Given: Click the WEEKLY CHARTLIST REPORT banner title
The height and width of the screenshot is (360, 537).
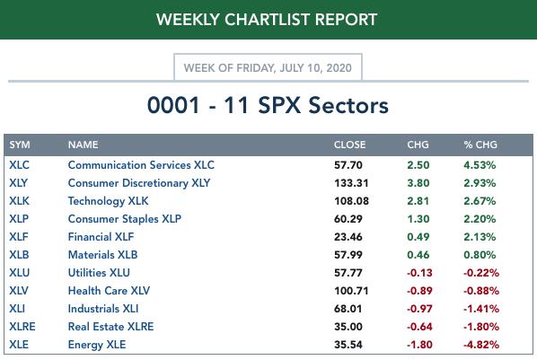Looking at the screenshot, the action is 267,19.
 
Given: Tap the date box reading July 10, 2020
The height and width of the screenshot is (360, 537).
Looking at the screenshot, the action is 268,67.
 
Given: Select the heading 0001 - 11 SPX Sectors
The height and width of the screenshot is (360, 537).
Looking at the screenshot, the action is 268,105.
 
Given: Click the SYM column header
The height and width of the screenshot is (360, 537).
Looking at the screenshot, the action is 20,145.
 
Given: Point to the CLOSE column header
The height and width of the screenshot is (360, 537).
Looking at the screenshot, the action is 349,145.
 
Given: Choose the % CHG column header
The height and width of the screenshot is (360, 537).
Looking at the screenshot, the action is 480,145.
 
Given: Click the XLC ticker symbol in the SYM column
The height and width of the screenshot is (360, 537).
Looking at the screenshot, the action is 19,165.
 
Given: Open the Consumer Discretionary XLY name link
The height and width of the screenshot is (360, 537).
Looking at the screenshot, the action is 139,183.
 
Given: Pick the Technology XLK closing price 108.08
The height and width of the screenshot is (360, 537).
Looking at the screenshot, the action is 351,201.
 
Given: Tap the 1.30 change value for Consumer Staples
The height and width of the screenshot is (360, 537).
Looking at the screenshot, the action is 418,219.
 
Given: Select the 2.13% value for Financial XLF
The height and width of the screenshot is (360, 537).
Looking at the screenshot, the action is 480,237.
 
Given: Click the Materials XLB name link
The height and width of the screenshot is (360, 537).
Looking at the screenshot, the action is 102,255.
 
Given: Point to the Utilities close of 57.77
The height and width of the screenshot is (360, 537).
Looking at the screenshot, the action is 348,273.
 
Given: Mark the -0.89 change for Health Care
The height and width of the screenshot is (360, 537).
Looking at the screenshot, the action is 419,291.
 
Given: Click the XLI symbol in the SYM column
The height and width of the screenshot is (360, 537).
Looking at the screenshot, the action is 17,309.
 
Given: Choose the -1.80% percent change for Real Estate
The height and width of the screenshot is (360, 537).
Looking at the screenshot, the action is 481,327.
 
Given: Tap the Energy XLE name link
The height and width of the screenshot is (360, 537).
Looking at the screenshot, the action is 97,345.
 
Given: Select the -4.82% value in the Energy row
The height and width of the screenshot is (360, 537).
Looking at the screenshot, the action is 481,345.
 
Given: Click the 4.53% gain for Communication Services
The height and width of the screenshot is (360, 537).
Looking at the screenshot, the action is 480,165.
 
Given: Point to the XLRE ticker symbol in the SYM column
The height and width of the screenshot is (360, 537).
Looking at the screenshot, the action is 22,327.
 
